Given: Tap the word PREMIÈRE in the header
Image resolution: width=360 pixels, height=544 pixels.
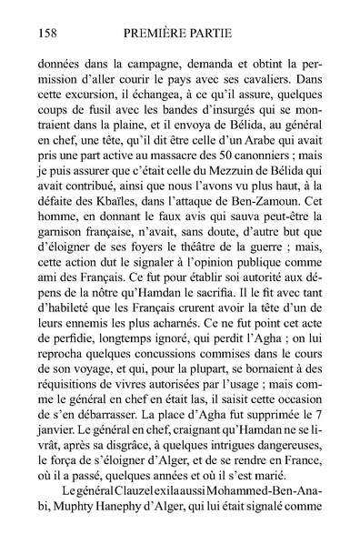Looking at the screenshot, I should point(155,35).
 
